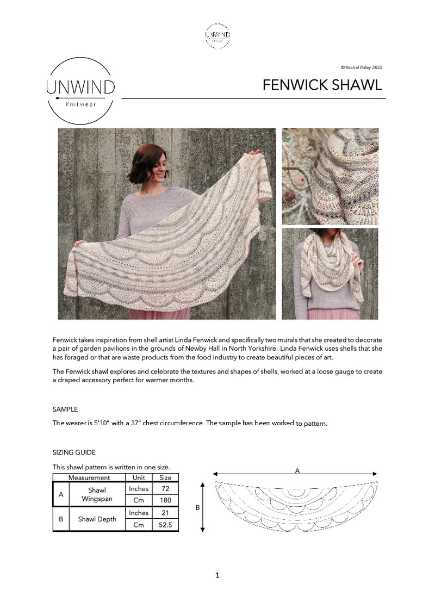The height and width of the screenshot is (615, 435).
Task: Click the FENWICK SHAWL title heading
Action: click(x=322, y=85)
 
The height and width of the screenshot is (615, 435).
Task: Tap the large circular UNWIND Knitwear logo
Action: click(x=80, y=91)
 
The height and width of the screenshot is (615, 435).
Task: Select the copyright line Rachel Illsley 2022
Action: click(x=362, y=67)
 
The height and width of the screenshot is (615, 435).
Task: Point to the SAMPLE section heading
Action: click(x=65, y=409)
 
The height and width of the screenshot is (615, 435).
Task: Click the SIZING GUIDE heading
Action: click(x=74, y=452)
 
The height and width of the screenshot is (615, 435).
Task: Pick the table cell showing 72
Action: click(x=165, y=489)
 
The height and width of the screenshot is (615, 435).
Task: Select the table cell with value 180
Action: click(x=165, y=500)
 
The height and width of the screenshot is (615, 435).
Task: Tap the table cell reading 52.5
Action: click(x=165, y=525)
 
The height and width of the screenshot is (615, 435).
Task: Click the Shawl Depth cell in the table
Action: click(x=97, y=519)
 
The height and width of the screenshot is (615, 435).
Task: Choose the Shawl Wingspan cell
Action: click(x=97, y=494)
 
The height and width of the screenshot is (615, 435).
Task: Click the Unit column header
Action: click(x=139, y=477)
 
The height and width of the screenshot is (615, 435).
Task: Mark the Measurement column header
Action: click(x=89, y=477)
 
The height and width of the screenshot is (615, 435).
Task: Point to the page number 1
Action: click(x=217, y=575)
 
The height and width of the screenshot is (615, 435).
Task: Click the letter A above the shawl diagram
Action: click(x=297, y=471)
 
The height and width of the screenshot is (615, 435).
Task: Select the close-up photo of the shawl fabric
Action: click(x=330, y=176)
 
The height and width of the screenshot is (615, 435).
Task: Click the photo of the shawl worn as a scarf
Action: click(x=330, y=274)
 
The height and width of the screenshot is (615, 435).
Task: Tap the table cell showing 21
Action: click(x=165, y=513)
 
